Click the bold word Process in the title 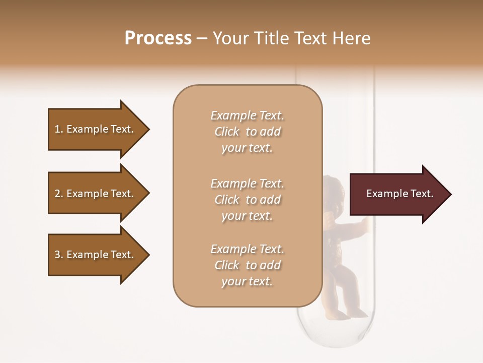(158, 38)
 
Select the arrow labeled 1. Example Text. (96, 129)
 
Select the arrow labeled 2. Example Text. (96, 194)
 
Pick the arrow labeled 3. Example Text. (96, 255)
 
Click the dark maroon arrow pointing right (397, 194)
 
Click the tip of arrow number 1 (148, 129)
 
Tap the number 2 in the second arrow (57, 194)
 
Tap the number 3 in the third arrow (57, 255)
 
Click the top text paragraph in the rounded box (247, 132)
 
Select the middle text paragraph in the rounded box (247, 200)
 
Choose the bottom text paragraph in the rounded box (247, 265)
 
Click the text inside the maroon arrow (400, 194)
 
